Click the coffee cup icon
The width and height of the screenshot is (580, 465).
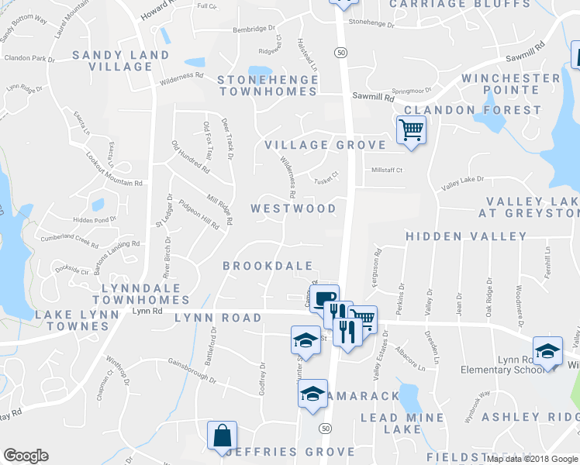[324, 297]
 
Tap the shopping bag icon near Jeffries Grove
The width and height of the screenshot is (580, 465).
[222, 435]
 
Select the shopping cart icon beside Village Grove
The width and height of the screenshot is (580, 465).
[411, 129]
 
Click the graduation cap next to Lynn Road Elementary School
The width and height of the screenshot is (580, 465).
[547, 350]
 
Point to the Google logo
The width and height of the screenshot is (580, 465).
[26, 456]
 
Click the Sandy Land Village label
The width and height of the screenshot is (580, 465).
[120, 60]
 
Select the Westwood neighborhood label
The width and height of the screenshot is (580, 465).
[294, 208]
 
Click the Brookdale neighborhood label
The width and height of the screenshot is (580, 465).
[268, 266]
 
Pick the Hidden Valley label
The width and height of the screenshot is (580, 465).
[466, 236]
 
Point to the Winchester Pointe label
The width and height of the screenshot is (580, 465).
[510, 84]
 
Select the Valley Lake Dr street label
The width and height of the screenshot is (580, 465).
[462, 183]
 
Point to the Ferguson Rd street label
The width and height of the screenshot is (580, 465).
[378, 267]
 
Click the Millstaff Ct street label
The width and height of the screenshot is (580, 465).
[388, 170]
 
